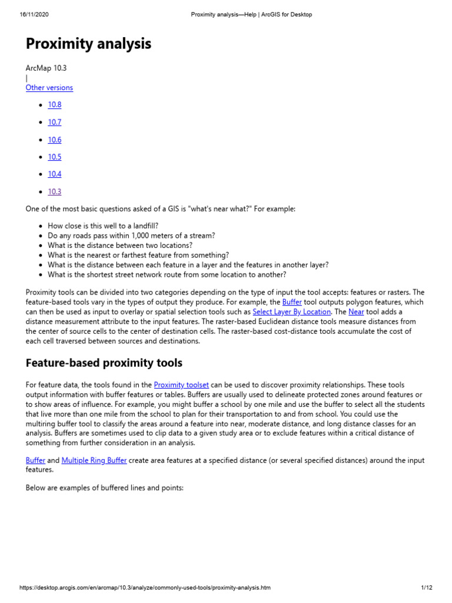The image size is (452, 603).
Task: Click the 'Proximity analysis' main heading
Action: coord(88,44)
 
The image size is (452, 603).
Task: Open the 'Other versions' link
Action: coord(49,88)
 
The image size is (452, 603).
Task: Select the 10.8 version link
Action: coord(55,105)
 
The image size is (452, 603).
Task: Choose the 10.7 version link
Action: coord(55,122)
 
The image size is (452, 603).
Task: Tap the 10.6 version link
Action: coord(55,140)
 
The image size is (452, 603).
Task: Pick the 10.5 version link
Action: coord(55,157)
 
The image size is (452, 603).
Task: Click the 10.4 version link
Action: coord(55,174)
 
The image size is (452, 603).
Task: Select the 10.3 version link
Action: coord(55,192)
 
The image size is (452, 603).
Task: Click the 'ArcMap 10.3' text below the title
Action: coord(46,68)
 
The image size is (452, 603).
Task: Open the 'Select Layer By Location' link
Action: coord(292,312)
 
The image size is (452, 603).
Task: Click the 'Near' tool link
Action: coord(356,312)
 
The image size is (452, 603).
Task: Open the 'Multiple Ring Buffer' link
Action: coord(94,460)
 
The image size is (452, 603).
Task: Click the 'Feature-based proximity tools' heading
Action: coord(104,363)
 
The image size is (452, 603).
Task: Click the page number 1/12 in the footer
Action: coord(427,588)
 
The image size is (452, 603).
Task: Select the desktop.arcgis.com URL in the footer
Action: coord(145,588)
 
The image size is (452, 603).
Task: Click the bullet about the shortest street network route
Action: coord(167,275)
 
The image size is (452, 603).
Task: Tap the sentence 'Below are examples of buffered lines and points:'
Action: coord(105,488)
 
